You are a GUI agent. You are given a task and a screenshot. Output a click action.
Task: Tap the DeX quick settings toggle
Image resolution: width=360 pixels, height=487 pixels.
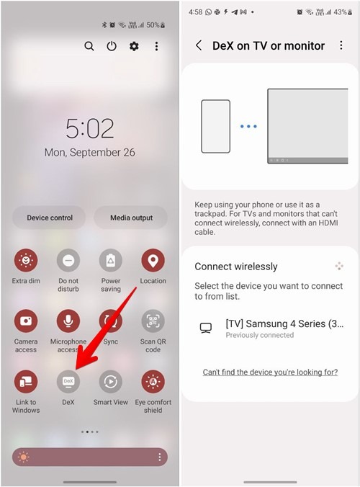(x=68, y=381)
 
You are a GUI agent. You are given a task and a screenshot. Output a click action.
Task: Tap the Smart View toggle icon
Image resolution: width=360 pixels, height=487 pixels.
(x=110, y=381)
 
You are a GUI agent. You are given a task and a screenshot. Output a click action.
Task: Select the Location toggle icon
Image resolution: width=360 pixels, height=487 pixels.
(x=153, y=260)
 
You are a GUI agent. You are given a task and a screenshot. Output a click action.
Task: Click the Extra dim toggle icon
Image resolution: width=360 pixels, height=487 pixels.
(x=26, y=260)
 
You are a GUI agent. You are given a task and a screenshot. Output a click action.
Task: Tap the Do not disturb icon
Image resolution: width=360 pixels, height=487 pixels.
(x=68, y=260)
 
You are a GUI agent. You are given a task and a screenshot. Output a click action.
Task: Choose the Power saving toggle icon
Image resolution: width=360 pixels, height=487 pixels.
(x=110, y=260)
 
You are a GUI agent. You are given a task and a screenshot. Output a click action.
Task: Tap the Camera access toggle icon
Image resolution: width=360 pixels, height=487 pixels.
(x=26, y=321)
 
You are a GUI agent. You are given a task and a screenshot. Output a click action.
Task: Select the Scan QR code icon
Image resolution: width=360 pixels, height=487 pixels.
(x=153, y=321)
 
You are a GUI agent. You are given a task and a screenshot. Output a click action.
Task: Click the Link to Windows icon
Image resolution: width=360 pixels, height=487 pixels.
(x=26, y=381)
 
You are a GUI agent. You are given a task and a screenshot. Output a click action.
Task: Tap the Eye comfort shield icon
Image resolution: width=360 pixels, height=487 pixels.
(x=153, y=381)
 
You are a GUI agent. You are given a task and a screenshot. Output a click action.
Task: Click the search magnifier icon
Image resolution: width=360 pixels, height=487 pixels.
(x=89, y=46)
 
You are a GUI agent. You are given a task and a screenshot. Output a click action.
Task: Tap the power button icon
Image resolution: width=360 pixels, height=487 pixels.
(x=112, y=46)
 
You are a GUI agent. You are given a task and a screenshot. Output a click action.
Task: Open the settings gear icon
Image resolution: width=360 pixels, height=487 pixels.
(x=134, y=46)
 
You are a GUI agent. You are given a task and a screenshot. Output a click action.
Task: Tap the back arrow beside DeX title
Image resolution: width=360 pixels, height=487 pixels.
(x=199, y=45)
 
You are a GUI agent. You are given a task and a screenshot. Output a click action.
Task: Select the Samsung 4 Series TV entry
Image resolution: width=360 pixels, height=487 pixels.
(x=270, y=329)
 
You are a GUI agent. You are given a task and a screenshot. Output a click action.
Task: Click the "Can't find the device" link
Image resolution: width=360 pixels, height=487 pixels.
(x=270, y=372)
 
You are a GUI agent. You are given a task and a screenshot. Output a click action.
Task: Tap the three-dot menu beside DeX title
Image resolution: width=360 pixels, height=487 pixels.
(x=341, y=45)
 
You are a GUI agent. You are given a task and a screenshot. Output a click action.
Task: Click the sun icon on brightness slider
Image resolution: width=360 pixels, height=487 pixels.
(x=23, y=457)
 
